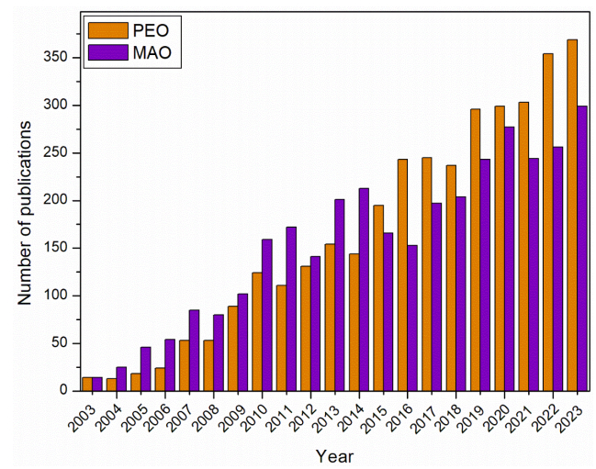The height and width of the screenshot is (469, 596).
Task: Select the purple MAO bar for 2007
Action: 195,350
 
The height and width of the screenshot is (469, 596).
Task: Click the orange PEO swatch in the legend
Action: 101,31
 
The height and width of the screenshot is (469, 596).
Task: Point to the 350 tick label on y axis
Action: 57,58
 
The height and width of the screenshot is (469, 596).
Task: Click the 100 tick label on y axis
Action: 57,296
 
